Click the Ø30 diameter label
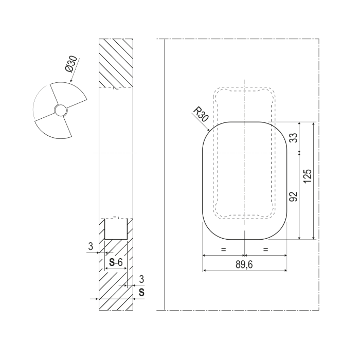pyautogui.click(x=71, y=64)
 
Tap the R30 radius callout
pyautogui.click(x=201, y=114)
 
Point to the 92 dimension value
pyautogui.click(x=293, y=196)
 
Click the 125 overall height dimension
pyautogui.click(x=308, y=176)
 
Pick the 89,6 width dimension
pyautogui.click(x=244, y=265)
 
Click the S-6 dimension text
pyautogui.click(x=116, y=262)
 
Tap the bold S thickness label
pyautogui.click(x=141, y=292)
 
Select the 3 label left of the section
pyautogui.click(x=91, y=246)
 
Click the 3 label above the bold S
pyautogui.click(x=141, y=279)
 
